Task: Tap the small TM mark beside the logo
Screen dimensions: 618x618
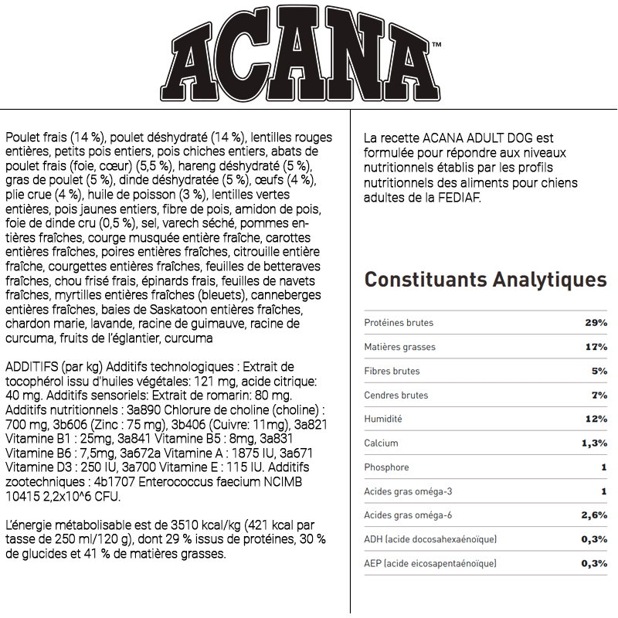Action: pos(436,46)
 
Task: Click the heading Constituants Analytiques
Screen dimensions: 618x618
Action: pos(485,279)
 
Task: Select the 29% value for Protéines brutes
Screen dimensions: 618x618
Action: pos(596,323)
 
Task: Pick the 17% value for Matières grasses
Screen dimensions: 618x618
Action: pos(596,347)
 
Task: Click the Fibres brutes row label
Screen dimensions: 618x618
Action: pos(392,371)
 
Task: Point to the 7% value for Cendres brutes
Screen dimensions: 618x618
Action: pos(599,395)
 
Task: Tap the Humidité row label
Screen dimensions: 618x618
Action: pos(383,419)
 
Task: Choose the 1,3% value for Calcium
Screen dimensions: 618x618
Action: pos(593,443)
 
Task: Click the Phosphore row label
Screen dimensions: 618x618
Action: pos(386,467)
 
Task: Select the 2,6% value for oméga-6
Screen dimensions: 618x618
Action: pos(593,515)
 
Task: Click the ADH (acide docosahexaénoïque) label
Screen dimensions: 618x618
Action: pos(430,539)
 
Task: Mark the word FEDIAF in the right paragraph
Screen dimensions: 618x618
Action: pos(456,199)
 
